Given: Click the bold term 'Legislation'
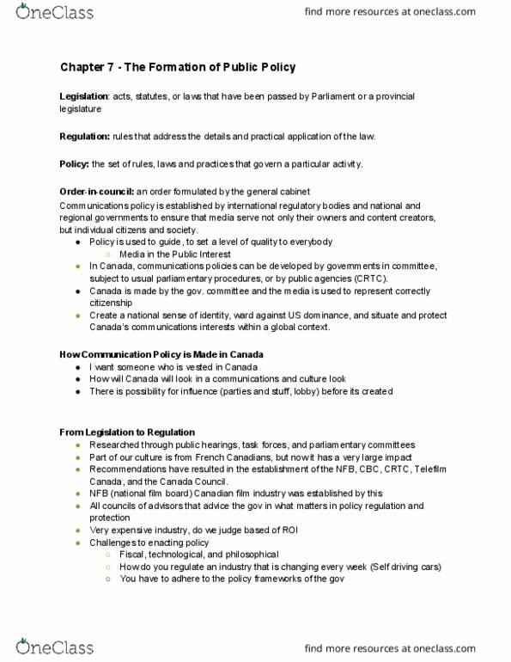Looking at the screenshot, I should click(x=83, y=97).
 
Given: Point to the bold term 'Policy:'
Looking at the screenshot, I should click(x=75, y=164).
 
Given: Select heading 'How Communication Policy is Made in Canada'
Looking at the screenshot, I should click(x=161, y=354).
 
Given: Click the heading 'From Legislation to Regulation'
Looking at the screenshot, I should click(x=126, y=431).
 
